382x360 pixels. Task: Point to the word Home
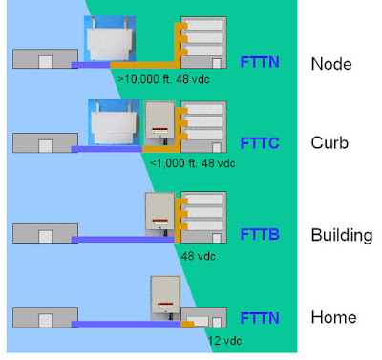coord(333,317)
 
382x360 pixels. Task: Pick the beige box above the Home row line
coord(166,296)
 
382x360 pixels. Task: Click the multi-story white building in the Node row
coord(203,42)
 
